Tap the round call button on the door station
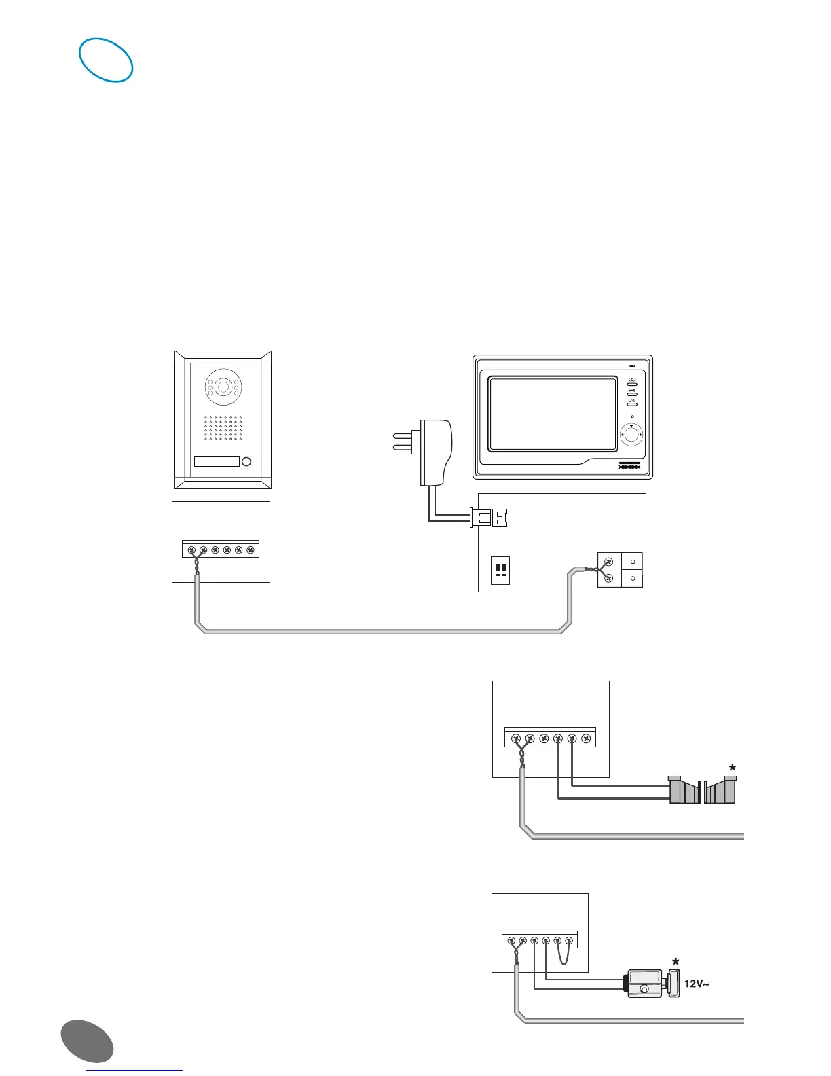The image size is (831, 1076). point(246,462)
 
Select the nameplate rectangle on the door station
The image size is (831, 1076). point(217,462)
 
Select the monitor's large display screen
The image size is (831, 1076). point(553,414)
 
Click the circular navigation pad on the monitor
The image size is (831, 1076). point(631,434)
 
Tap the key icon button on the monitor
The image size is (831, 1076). point(632,392)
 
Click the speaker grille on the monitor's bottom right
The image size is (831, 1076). point(629,467)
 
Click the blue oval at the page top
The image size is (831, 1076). point(106,60)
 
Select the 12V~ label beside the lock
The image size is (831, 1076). point(697,983)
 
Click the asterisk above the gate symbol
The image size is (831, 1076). point(732,768)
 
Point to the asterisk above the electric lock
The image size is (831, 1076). point(675,962)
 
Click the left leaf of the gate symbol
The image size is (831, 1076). point(684,791)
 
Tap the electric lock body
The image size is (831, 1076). point(644,983)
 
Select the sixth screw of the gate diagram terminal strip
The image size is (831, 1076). point(587,738)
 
